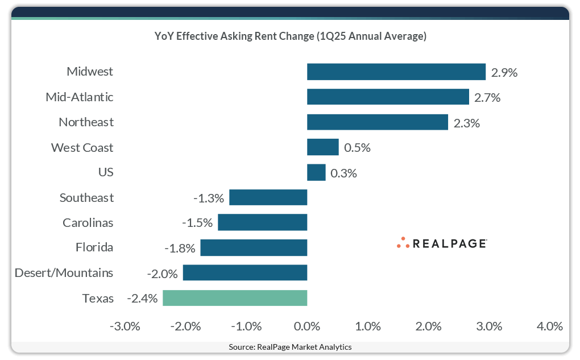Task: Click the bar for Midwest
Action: (x=396, y=72)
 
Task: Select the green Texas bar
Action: (x=235, y=298)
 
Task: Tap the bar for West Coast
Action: (x=322, y=147)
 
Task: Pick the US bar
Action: (x=316, y=172)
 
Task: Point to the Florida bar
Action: (x=254, y=248)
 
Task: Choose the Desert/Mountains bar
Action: (x=245, y=273)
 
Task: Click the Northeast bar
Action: (x=378, y=122)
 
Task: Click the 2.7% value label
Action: (x=487, y=97)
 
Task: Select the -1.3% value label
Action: (x=209, y=198)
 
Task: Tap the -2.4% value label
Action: (x=142, y=298)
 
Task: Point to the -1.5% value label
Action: (x=197, y=223)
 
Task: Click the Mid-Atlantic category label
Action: (x=80, y=97)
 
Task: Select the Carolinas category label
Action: (x=88, y=223)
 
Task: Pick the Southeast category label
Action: (x=86, y=198)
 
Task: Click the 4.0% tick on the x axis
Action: (x=549, y=326)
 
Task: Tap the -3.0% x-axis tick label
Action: (x=125, y=326)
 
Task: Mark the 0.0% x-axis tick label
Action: (x=307, y=326)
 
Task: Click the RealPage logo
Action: (x=442, y=243)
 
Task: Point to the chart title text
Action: (x=291, y=36)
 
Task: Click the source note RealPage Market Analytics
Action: (x=290, y=347)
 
